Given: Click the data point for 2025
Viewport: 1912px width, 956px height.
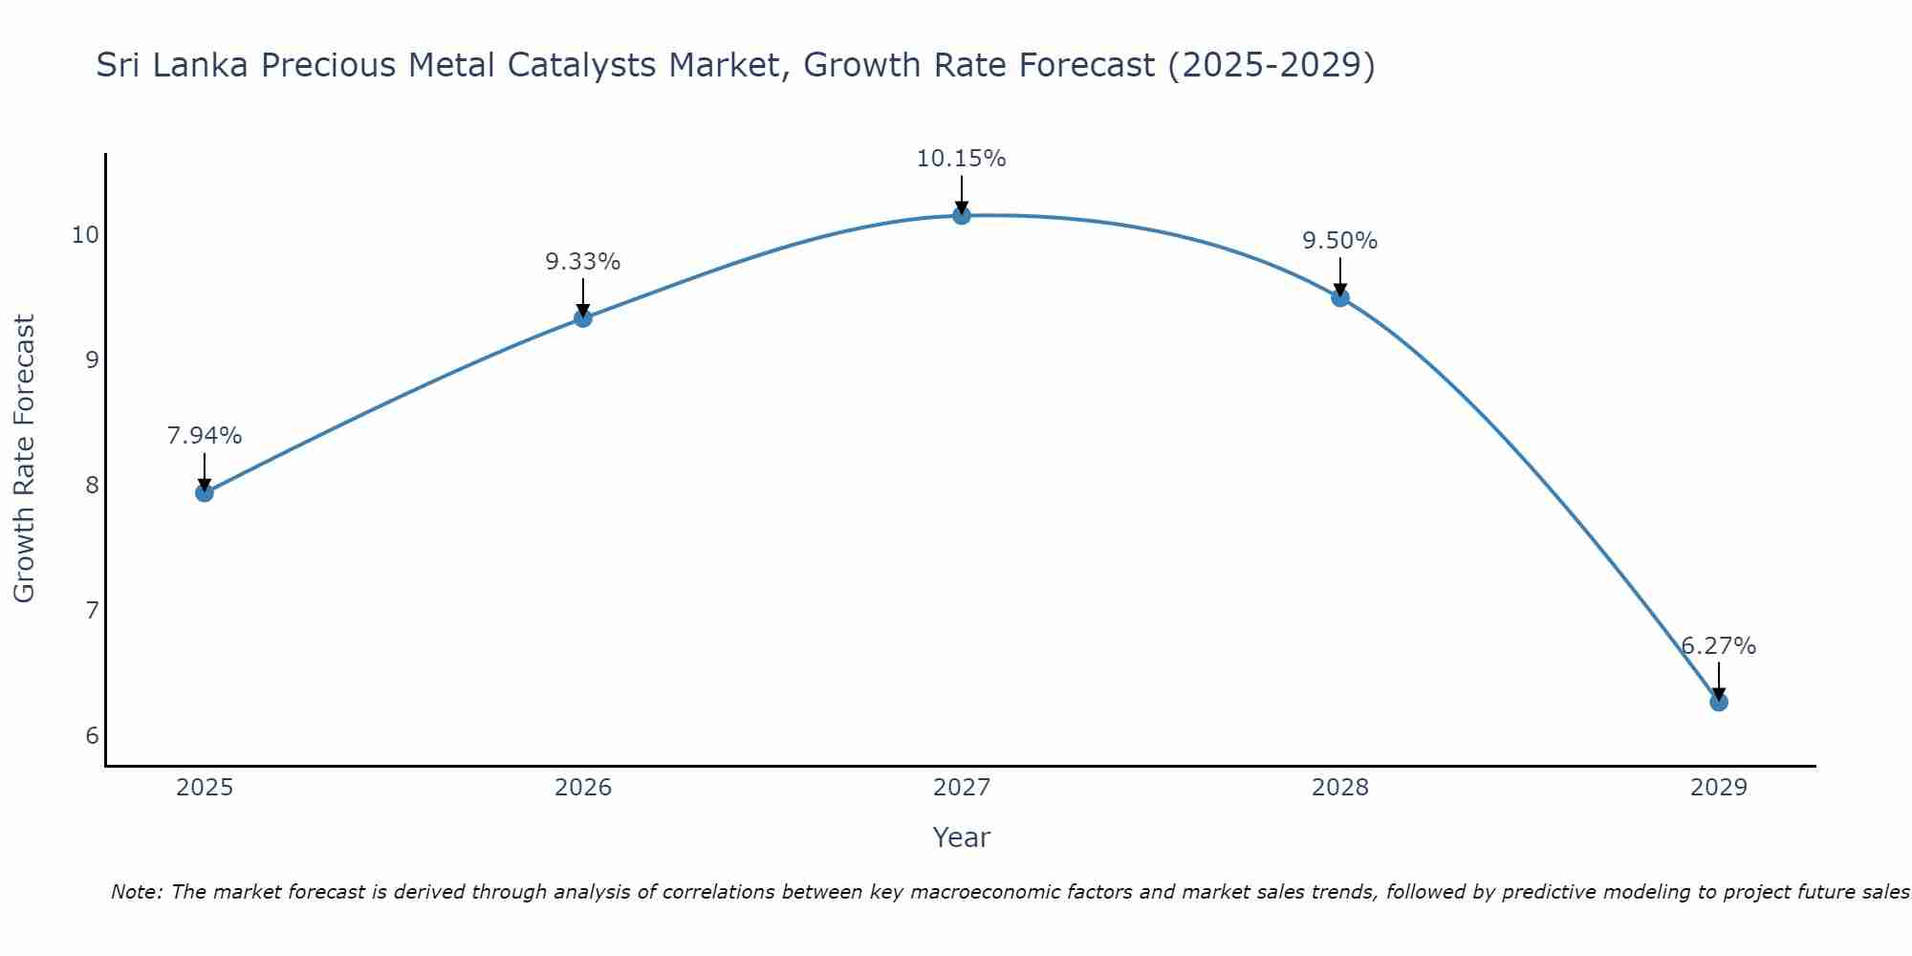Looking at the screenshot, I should pos(205,492).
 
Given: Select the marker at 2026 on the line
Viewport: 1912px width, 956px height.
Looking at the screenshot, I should pos(583,317).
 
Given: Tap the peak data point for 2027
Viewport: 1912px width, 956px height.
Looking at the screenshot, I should pos(962,215).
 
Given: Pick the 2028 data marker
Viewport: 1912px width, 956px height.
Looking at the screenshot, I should pos(1340,297).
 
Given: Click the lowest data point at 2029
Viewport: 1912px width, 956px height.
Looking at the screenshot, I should pos(1719,702).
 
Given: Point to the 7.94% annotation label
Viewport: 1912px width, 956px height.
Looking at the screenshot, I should pos(205,436).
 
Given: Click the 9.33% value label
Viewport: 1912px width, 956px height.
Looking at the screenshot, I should pos(583,262).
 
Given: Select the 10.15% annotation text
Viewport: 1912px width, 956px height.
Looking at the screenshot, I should pos(962,159).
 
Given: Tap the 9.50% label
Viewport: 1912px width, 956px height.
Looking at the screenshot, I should pos(1340,241).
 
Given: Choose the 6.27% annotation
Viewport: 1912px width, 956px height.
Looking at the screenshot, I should pos(1719,646).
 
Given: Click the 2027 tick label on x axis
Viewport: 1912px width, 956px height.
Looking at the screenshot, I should pos(962,788).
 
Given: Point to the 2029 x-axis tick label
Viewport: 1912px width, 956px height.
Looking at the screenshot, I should pos(1719,788).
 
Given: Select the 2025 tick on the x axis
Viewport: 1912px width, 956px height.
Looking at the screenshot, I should pos(205,788).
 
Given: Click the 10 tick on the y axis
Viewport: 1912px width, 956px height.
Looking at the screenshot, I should pos(86,235).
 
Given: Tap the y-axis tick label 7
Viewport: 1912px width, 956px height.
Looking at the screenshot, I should pos(92,610).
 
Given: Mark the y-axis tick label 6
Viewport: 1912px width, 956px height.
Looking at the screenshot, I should pos(92,735).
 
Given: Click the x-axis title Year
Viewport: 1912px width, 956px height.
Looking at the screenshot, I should pos(962,837).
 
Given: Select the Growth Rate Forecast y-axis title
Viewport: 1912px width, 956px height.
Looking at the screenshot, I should pos(25,459).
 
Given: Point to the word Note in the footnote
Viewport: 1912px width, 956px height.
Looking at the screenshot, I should pos(136,892).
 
